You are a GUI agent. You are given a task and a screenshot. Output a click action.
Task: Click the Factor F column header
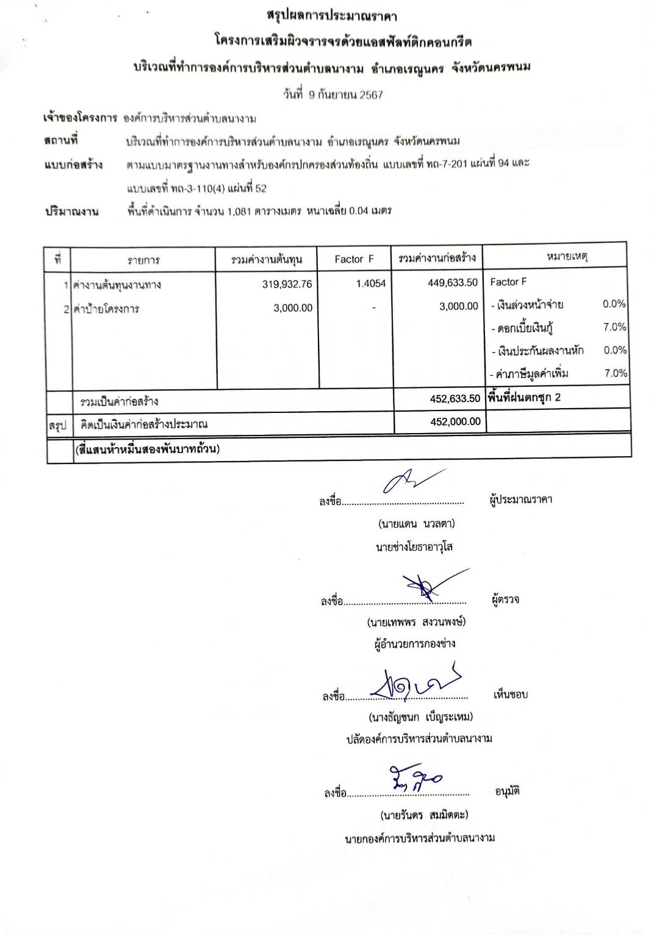click(x=354, y=259)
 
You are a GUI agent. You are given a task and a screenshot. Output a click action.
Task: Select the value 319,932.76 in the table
click(x=287, y=284)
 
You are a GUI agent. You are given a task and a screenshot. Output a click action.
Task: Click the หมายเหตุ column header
click(x=567, y=257)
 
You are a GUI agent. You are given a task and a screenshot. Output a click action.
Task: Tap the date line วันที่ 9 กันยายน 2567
click(x=333, y=95)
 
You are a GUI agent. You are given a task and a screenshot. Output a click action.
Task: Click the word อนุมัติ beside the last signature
click(x=507, y=792)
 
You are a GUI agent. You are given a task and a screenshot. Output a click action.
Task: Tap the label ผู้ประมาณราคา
click(x=521, y=500)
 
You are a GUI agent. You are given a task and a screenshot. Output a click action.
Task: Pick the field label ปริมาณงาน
click(x=72, y=212)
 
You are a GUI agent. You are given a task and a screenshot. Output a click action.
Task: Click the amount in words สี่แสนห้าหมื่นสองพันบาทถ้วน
click(x=147, y=450)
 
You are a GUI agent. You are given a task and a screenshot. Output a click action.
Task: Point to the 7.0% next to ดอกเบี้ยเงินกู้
click(x=614, y=327)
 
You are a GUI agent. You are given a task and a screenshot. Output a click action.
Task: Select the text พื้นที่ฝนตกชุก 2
click(x=524, y=398)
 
